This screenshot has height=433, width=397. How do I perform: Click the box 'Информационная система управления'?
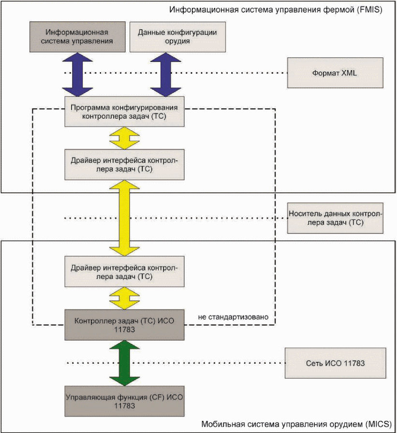(77, 37)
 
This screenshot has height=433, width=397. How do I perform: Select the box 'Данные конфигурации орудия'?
(177, 37)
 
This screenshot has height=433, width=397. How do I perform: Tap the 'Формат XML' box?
(335, 73)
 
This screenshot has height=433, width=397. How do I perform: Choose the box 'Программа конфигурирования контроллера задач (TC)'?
(124, 111)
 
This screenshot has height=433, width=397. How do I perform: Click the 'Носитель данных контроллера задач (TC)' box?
(335, 218)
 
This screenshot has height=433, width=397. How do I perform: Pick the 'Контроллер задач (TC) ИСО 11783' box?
(124, 325)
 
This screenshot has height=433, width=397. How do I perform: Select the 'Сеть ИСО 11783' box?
(335, 363)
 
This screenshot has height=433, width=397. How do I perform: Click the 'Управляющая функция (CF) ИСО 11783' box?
(124, 401)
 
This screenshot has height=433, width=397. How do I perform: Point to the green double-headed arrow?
(124, 363)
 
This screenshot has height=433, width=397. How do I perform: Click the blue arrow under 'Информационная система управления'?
(77, 75)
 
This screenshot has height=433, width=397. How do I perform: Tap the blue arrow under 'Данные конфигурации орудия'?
(166, 75)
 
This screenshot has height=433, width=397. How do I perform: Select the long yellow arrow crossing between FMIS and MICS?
(124, 218)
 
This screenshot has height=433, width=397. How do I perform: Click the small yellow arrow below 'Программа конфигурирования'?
(124, 138)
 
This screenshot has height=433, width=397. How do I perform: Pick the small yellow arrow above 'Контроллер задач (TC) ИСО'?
(124, 298)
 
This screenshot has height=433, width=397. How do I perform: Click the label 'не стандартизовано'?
(233, 317)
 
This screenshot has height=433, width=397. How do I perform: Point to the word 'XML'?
(349, 73)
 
